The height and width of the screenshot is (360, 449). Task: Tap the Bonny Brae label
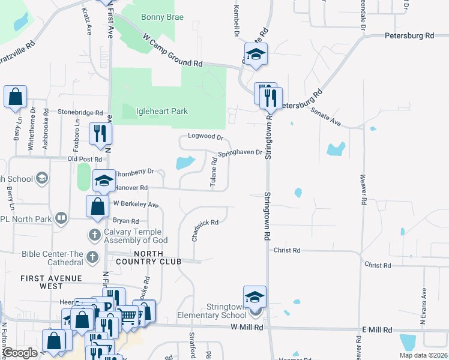pos(161,17)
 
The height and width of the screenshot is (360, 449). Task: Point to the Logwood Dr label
pos(201,136)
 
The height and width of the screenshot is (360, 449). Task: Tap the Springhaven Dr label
pos(240,153)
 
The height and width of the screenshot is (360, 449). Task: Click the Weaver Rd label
pos(363,190)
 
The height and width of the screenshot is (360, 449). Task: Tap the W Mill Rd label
pos(247,328)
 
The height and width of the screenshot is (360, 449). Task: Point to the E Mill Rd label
pos(376,330)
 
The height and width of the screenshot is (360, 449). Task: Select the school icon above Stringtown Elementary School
pos(255,296)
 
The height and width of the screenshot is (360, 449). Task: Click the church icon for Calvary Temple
pos(94,233)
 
